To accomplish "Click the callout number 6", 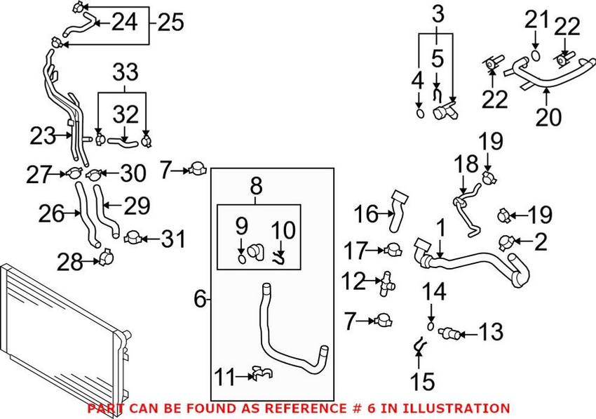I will [x=199, y=300].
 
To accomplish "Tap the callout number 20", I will [x=548, y=117].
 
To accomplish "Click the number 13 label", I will [x=491, y=331].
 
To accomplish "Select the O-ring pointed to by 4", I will [x=419, y=112].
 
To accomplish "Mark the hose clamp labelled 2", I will [x=505, y=242].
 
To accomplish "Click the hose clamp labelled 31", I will [x=133, y=239].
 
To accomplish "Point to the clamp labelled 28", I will [x=106, y=258].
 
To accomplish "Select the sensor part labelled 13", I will [x=449, y=331].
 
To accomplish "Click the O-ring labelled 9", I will [x=242, y=260].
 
